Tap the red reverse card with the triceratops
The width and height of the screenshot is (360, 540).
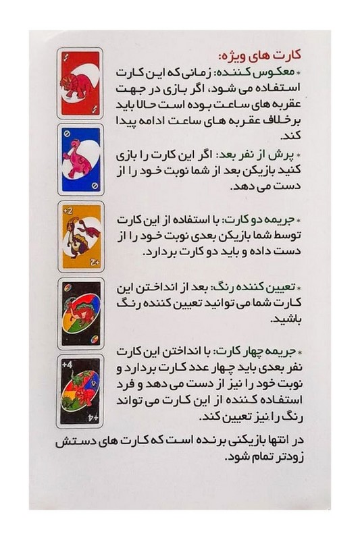pos(80,84)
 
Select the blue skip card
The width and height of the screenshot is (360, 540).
pos(80,159)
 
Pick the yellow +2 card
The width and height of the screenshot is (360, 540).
pos(80,236)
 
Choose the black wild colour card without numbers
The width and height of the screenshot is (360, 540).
pos(80,312)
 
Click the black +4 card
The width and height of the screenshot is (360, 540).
pos(80,389)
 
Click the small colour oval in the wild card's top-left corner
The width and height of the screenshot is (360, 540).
pos(66,287)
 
